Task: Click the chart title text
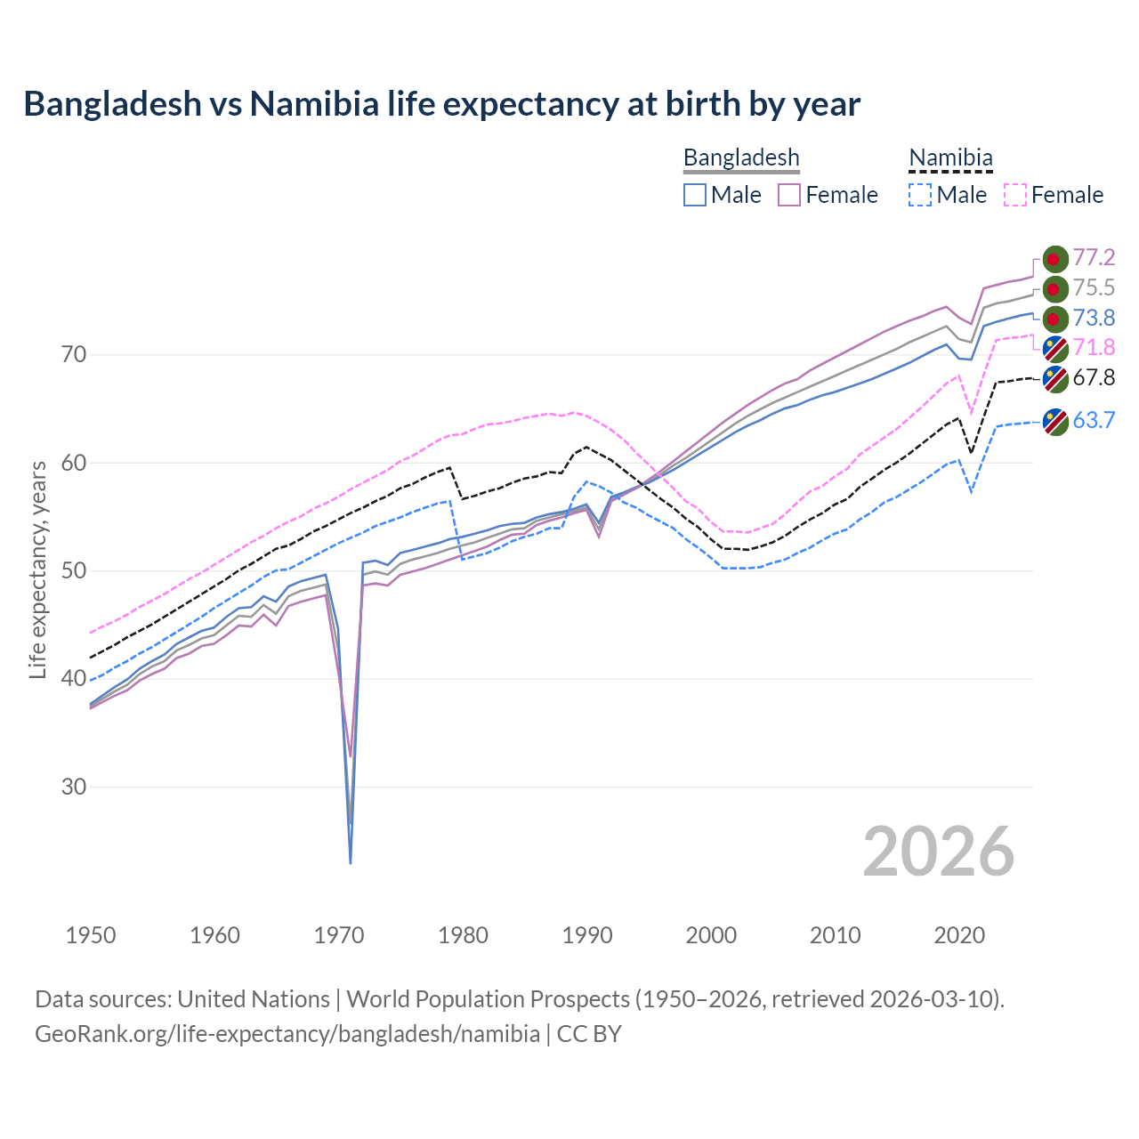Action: coord(441,104)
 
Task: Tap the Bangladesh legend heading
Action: coord(741,158)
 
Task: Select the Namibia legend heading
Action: coord(949,158)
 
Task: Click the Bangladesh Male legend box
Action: coord(695,195)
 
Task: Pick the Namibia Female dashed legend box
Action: coord(1015,195)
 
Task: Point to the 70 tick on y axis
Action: coord(75,355)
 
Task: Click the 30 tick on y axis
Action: coord(75,788)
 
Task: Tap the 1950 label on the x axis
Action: coord(91,935)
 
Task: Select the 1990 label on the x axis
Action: coord(587,935)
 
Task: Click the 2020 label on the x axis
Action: coord(960,935)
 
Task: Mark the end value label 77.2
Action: coord(1094,258)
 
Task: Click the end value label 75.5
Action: coord(1094,288)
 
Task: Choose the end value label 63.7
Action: coord(1094,420)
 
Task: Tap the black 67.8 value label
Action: coord(1094,378)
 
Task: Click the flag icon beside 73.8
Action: coord(1055,319)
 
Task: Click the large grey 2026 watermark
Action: coord(939,852)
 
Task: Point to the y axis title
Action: coord(37,569)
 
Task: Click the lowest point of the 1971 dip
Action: coord(351,862)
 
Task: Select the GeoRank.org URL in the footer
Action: coord(287,1034)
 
